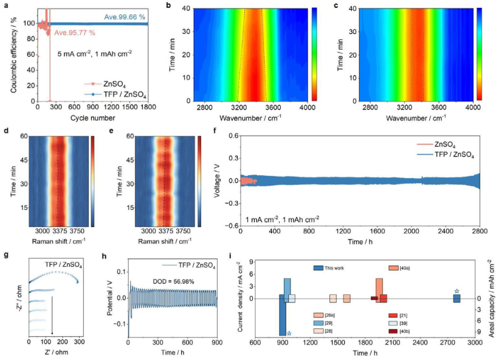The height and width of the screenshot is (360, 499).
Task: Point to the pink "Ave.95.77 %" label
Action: (x=73, y=32)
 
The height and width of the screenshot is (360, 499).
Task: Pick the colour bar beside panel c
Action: (x=480, y=54)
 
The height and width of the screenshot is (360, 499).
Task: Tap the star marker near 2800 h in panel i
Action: (x=456, y=292)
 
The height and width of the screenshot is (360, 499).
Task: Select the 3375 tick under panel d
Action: (x=58, y=232)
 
